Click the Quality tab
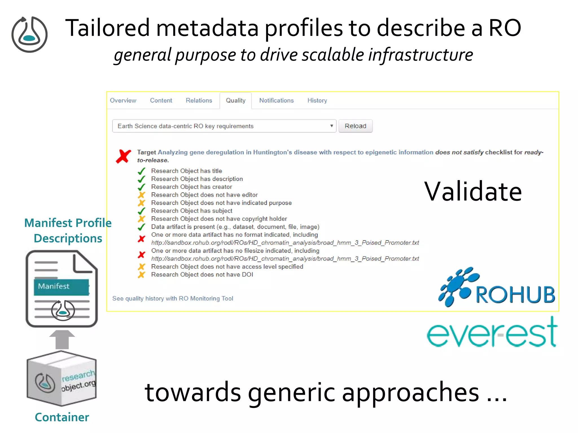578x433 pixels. click(x=235, y=101)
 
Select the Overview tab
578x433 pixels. click(x=123, y=101)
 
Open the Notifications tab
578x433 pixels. click(x=276, y=101)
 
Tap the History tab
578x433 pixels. click(x=317, y=101)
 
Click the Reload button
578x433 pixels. click(x=355, y=126)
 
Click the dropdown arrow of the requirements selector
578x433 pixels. click(x=331, y=126)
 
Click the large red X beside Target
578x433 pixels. click(x=123, y=156)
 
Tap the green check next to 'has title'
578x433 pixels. click(x=141, y=171)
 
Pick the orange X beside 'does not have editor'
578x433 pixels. click(x=141, y=195)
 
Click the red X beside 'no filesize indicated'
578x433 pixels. click(x=141, y=255)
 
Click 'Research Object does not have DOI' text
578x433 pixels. click(x=202, y=275)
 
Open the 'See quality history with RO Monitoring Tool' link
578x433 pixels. click(x=173, y=299)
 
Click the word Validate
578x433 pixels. click(x=473, y=192)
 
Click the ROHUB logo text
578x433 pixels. click(x=515, y=295)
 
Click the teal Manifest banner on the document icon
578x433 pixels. click(x=61, y=287)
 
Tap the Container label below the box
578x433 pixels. click(x=62, y=417)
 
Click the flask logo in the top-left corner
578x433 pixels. click(x=30, y=34)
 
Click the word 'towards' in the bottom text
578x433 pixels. click(x=193, y=393)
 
